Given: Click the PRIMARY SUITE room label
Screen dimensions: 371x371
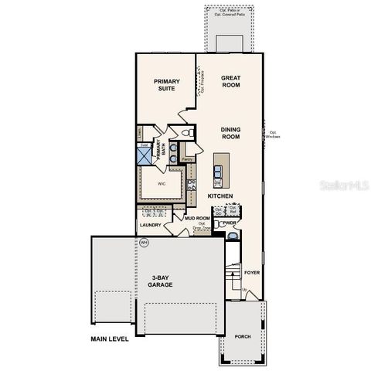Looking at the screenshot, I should pos(165,84).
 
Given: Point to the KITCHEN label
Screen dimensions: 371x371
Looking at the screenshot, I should pos(220,196).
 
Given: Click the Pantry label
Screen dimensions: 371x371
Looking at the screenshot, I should pos(186,159).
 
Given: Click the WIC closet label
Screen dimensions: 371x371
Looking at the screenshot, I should pos(162,184).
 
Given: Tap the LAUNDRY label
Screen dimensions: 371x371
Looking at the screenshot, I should pos(151,225).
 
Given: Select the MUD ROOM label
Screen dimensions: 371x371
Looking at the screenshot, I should pos(197,219).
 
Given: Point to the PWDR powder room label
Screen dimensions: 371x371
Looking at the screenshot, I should pos(229,223).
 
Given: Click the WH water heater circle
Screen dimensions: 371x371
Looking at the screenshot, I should pos(143,243).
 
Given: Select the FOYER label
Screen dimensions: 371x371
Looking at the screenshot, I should pos(252,272).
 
